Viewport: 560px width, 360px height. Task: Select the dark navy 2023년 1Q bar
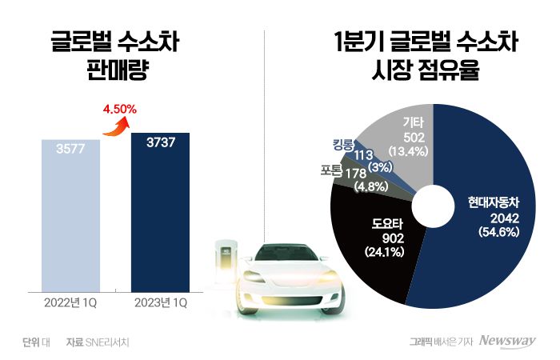[160, 216]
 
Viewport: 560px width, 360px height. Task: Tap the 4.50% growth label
[121, 108]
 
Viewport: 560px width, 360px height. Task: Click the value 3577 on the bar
[71, 148]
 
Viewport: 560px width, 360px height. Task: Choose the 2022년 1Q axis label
[71, 304]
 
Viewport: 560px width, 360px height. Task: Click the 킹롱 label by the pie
[343, 144]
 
